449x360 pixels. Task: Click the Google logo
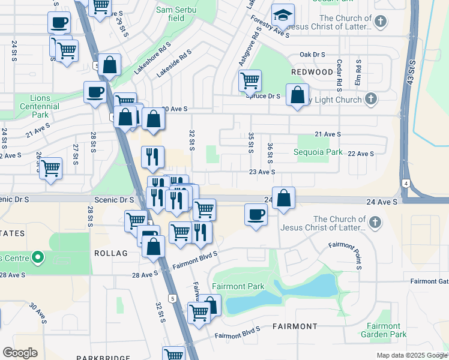[20, 353]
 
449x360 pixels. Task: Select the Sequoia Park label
[318, 152]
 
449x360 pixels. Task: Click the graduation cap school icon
[282, 15]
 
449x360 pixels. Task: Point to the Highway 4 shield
[406, 183]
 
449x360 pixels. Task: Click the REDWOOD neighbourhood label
[312, 72]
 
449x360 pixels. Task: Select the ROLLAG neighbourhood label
[111, 253]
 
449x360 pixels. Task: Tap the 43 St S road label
[412, 73]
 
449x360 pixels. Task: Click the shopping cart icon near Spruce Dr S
[249, 80]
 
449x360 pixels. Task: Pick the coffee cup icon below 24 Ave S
[256, 214]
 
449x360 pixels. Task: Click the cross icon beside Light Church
[372, 98]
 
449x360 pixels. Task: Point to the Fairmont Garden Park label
[384, 330]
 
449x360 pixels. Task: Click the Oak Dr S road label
[313, 54]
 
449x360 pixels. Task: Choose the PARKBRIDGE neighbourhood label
[103, 358]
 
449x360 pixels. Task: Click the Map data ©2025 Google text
[411, 355]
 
